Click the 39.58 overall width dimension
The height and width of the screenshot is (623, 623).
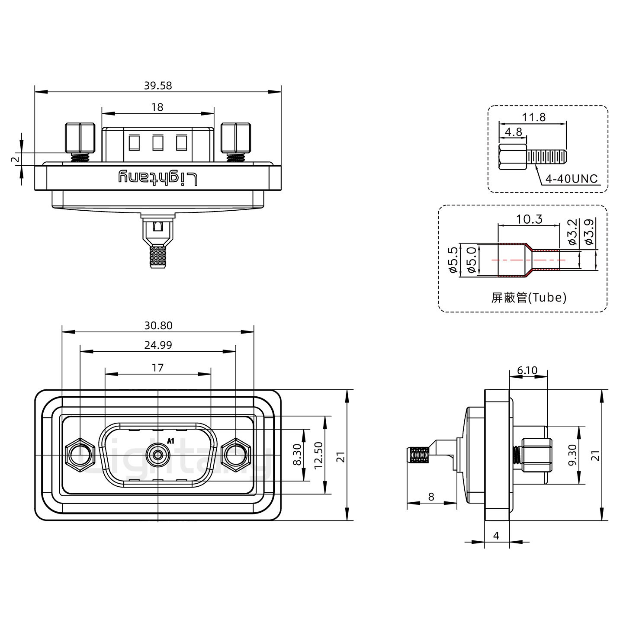pyautogui.click(x=157, y=85)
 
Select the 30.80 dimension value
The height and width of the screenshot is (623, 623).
pyautogui.click(x=157, y=325)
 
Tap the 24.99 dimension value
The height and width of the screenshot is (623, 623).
pyautogui.click(x=157, y=345)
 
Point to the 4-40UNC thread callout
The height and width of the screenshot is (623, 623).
pyautogui.click(x=571, y=179)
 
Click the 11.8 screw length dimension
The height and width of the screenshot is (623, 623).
pyautogui.click(x=533, y=117)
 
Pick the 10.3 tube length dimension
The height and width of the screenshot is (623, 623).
pyautogui.click(x=529, y=219)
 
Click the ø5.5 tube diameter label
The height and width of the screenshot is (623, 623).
pyautogui.click(x=453, y=260)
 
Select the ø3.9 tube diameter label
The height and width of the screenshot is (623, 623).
pyautogui.click(x=588, y=232)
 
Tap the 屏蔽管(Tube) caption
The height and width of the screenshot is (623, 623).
pyautogui.click(x=529, y=297)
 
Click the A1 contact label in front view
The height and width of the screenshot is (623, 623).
pyautogui.click(x=170, y=441)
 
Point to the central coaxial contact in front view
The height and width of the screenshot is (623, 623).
pyautogui.click(x=157, y=455)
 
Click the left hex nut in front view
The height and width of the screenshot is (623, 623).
pyautogui.click(x=80, y=455)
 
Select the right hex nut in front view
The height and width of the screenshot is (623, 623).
pyautogui.click(x=235, y=455)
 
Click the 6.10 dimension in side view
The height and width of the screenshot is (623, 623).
pyautogui.click(x=527, y=370)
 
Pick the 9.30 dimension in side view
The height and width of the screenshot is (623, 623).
pyautogui.click(x=572, y=455)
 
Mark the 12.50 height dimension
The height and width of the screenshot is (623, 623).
pyautogui.click(x=319, y=455)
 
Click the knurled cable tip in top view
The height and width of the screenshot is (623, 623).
pyautogui.click(x=157, y=257)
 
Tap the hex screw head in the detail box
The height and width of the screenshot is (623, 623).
pyautogui.click(x=513, y=157)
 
